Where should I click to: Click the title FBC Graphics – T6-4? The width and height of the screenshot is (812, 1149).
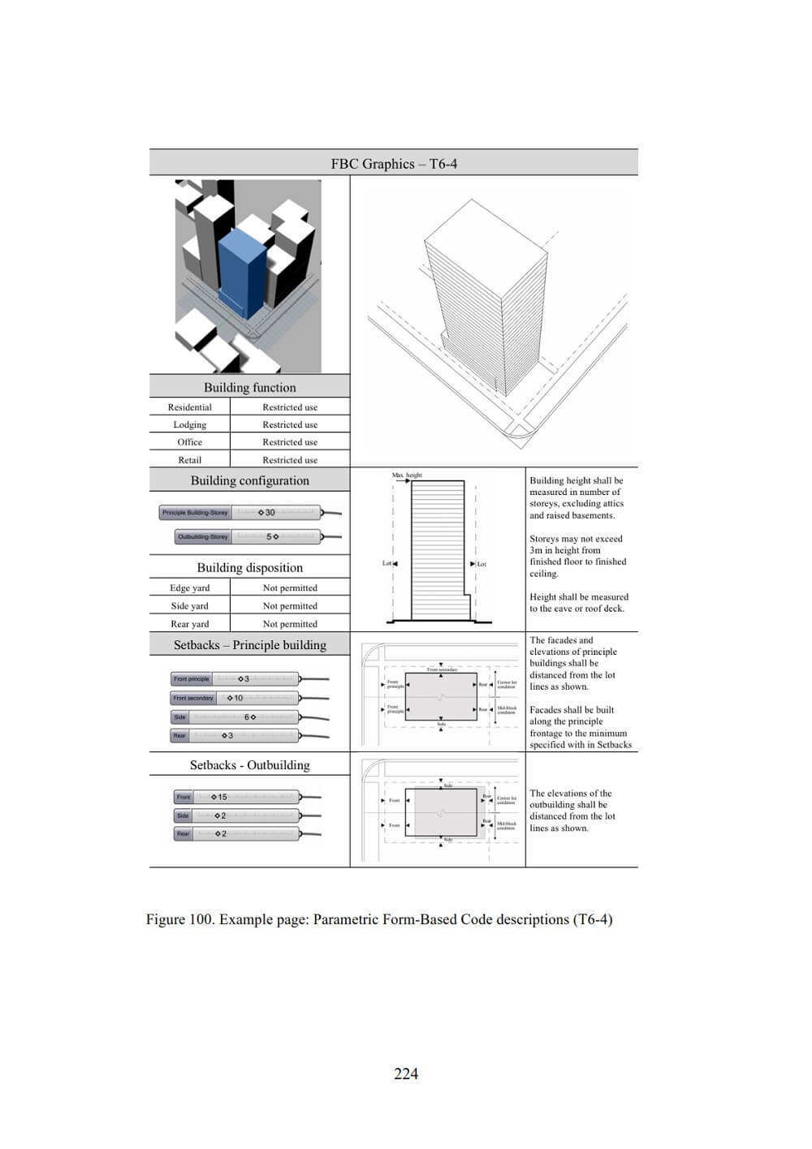pyautogui.click(x=394, y=164)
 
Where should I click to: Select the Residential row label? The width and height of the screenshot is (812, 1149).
pyautogui.click(x=189, y=407)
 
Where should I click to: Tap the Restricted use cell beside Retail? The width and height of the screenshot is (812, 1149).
pyautogui.click(x=290, y=460)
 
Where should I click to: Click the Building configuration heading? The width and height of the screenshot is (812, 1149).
pyautogui.click(x=249, y=480)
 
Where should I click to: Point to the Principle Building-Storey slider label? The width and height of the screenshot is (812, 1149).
pyautogui.click(x=195, y=513)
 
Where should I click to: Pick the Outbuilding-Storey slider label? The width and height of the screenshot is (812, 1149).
pyautogui.click(x=203, y=537)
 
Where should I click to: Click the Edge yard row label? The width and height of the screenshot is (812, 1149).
pyautogui.click(x=189, y=588)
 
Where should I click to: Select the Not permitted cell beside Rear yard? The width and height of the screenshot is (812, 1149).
pyautogui.click(x=290, y=624)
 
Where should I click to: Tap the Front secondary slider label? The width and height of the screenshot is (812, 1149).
pyautogui.click(x=193, y=698)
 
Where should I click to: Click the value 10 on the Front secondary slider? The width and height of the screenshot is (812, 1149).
pyautogui.click(x=238, y=698)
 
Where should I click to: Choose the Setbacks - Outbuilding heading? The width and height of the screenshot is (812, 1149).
pyautogui.click(x=249, y=765)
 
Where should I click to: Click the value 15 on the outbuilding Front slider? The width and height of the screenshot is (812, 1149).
pyautogui.click(x=222, y=797)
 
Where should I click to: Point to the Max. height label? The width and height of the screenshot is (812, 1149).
pyautogui.click(x=407, y=475)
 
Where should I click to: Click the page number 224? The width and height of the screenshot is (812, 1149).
pyautogui.click(x=406, y=1074)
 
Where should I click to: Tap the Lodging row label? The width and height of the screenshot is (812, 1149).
pyautogui.click(x=189, y=425)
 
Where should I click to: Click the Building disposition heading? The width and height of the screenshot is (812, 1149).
pyautogui.click(x=249, y=568)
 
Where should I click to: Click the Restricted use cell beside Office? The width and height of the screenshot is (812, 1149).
pyautogui.click(x=290, y=442)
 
